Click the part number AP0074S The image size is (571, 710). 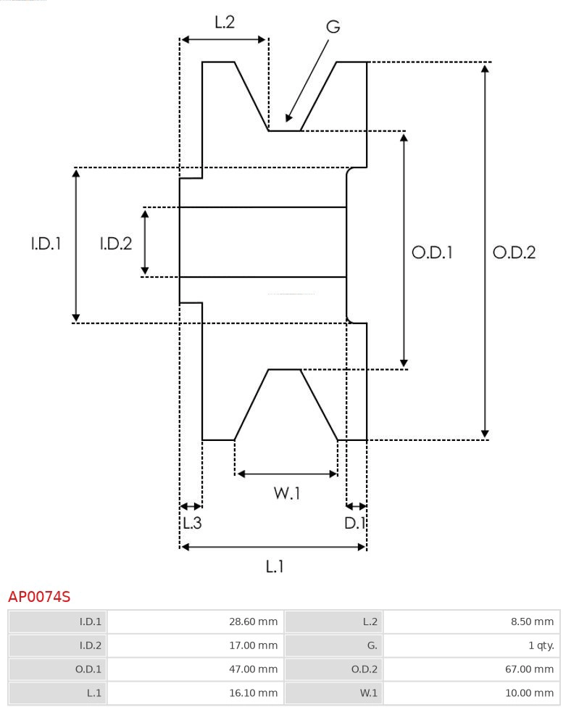click(x=39, y=597)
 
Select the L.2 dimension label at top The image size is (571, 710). click(x=225, y=22)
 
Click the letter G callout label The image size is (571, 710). click(x=333, y=27)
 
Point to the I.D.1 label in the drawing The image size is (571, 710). click(x=46, y=244)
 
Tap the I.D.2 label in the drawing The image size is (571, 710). click(x=116, y=244)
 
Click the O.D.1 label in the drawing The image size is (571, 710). click(x=433, y=252)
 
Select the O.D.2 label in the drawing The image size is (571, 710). click(x=514, y=252)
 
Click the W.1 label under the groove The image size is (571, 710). click(x=287, y=494)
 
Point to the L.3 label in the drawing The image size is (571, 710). click(x=191, y=522)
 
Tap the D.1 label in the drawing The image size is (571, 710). click(x=355, y=522)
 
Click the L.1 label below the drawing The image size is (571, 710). click(x=274, y=566)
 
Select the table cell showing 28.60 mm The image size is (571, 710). click(x=195, y=622)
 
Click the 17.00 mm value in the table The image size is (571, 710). click(x=195, y=645)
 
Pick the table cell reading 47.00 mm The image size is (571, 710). click(x=195, y=669)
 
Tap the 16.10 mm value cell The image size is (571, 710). click(x=195, y=693)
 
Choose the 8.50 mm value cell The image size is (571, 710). click(x=471, y=622)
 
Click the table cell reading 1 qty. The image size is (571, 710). click(x=471, y=645)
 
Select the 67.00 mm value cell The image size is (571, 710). click(x=471, y=669)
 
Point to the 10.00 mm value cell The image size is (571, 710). click(x=471, y=693)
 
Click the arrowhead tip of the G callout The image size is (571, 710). click(x=287, y=121)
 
